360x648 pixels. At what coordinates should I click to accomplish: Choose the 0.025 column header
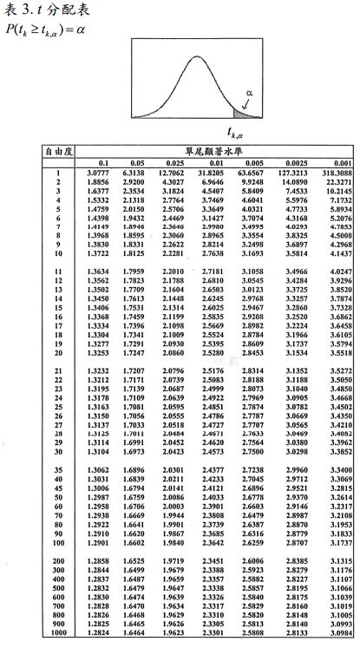173,163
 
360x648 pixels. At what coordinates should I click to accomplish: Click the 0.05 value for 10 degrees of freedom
136,252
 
